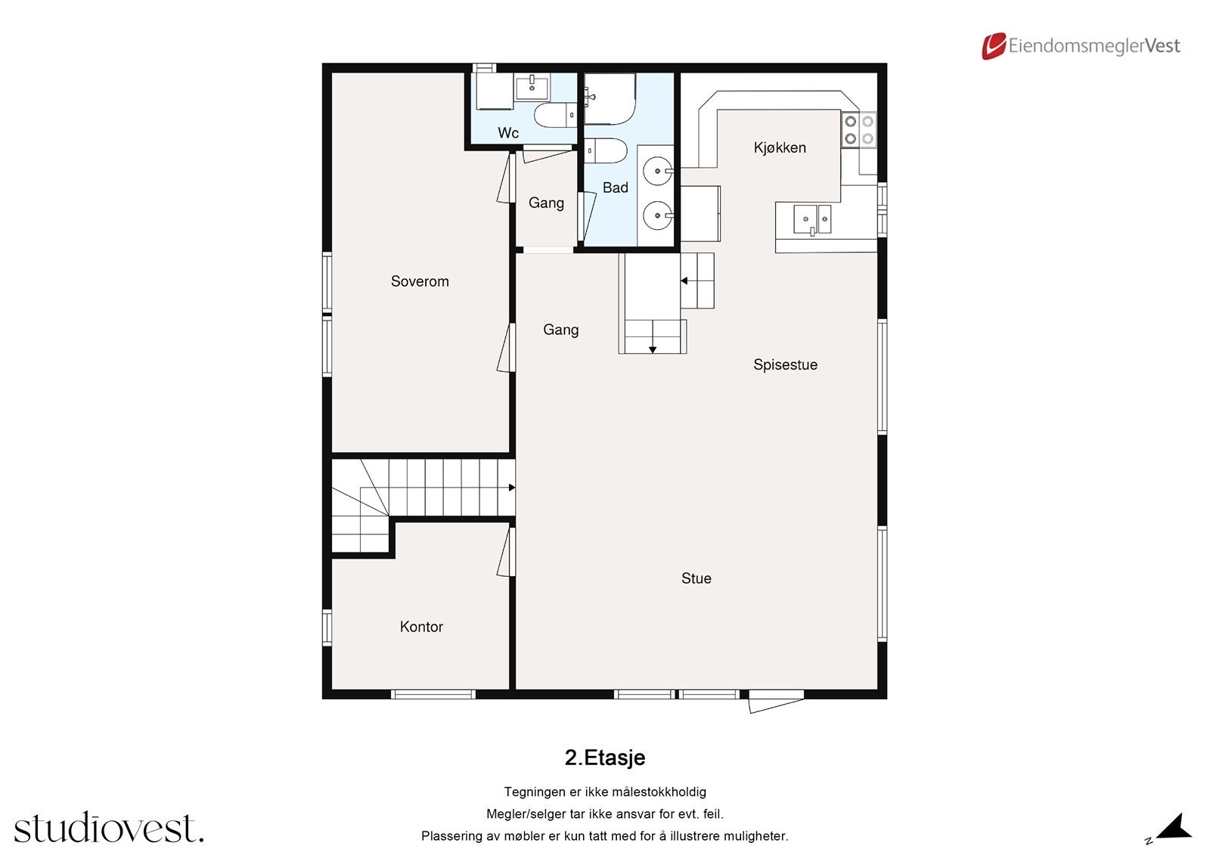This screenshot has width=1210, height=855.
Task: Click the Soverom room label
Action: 420,281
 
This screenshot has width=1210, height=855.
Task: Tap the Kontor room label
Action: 421,627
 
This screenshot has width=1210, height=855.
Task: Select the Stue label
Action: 697,578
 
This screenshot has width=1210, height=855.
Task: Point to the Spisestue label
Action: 786,365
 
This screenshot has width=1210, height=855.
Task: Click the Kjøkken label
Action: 780,147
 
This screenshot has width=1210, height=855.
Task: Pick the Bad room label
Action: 616,187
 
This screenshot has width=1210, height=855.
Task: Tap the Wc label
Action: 508,133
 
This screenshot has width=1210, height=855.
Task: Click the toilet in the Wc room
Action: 555,114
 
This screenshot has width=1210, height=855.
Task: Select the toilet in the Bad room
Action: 606,150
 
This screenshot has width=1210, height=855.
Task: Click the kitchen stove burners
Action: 859,129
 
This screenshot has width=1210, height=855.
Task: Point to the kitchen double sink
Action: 812,219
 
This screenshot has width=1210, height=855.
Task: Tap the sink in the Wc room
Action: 532,87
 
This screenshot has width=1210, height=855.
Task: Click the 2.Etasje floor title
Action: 605,757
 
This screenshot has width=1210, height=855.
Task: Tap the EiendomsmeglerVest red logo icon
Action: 994,45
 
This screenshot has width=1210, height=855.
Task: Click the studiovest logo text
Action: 109,827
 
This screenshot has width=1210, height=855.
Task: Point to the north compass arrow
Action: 1174,828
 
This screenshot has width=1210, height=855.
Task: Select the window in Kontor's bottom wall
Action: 433,695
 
